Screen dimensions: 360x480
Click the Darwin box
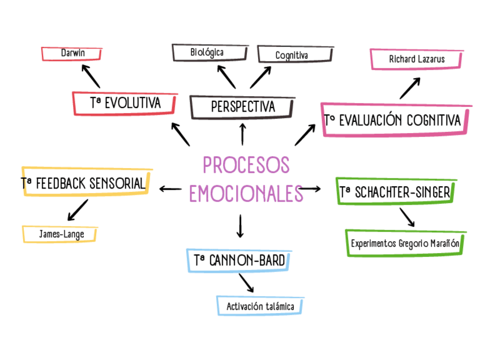click(x=72, y=53)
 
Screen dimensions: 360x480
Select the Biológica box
click(x=208, y=53)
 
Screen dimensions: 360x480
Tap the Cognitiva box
click(x=292, y=55)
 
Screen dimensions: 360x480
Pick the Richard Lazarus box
click(x=417, y=59)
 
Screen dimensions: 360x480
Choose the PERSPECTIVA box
click(x=242, y=106)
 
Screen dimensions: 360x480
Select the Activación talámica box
click(x=260, y=306)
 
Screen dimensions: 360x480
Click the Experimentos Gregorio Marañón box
click(x=406, y=244)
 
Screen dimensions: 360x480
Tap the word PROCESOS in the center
click(x=246, y=165)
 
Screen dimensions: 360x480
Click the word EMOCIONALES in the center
click(x=246, y=193)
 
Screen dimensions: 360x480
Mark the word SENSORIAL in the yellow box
click(x=117, y=184)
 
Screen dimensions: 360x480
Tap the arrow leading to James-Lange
click(x=78, y=209)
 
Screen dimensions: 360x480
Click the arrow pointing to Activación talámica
click(x=246, y=282)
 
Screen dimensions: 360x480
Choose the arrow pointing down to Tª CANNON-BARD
click(x=240, y=226)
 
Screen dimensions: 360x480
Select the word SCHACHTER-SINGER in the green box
click(x=402, y=192)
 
